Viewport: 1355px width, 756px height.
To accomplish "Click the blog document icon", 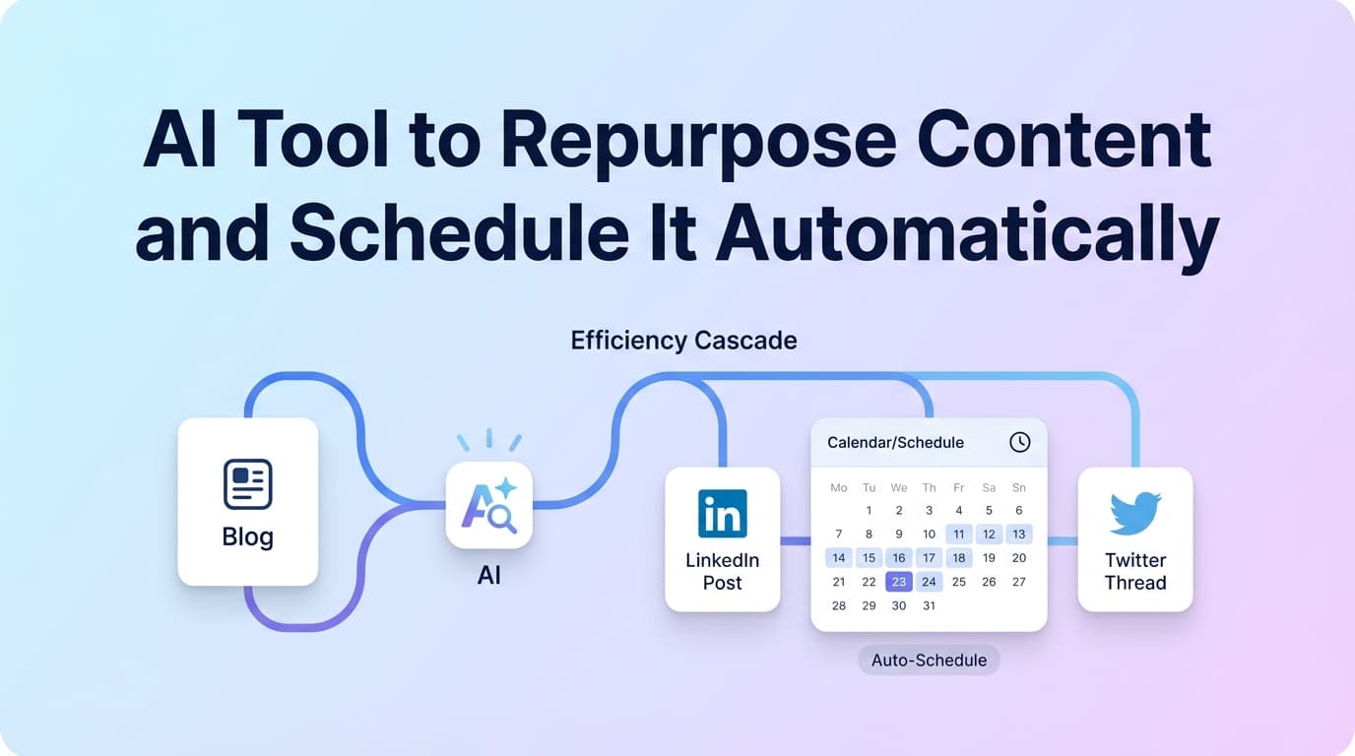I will [x=247, y=483].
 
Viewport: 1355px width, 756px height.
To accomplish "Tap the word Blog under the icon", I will [x=247, y=537].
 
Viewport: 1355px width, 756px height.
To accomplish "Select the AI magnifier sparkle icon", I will [x=489, y=505].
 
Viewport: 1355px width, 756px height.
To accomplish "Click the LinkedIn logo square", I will [x=722, y=513].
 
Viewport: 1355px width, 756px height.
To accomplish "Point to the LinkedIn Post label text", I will [x=722, y=571].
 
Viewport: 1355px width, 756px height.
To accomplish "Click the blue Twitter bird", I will [x=1135, y=513].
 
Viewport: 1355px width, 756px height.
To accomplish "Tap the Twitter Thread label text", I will [x=1135, y=571].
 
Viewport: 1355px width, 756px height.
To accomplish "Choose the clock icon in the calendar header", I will [x=1020, y=442].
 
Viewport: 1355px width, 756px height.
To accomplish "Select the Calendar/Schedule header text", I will [x=895, y=442].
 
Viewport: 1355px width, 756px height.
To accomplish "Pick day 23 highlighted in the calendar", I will [x=899, y=582].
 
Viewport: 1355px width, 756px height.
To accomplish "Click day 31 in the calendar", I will [x=929, y=605].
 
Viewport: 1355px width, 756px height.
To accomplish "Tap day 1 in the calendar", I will [x=869, y=510].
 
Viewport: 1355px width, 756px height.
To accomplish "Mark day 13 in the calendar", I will [x=1019, y=534].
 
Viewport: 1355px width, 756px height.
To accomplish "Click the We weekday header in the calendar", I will [x=899, y=487].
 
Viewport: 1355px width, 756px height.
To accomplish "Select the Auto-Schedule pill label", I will [x=929, y=660].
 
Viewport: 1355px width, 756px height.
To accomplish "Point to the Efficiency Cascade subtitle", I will [x=683, y=341].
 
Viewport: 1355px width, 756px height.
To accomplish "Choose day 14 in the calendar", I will [x=839, y=557].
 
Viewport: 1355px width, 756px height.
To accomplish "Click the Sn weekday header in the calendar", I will [x=1019, y=487].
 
